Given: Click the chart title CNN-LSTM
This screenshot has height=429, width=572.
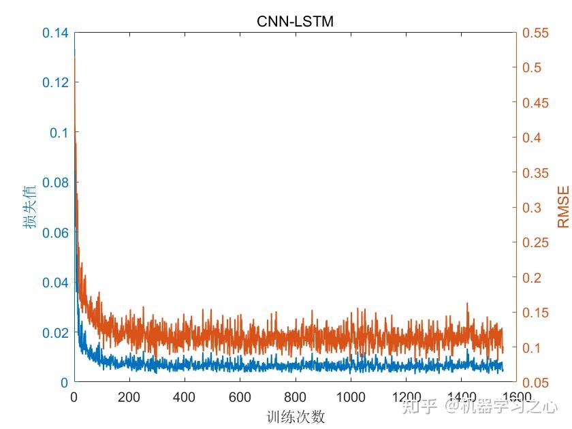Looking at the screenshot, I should point(295,22).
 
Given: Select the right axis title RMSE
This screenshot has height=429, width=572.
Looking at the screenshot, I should point(562,208).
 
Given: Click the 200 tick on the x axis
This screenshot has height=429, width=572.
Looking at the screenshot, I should point(129,397).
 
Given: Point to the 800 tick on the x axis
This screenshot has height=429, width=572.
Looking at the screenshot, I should point(295,397).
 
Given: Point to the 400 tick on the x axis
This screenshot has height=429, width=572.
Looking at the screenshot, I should point(185,397).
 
